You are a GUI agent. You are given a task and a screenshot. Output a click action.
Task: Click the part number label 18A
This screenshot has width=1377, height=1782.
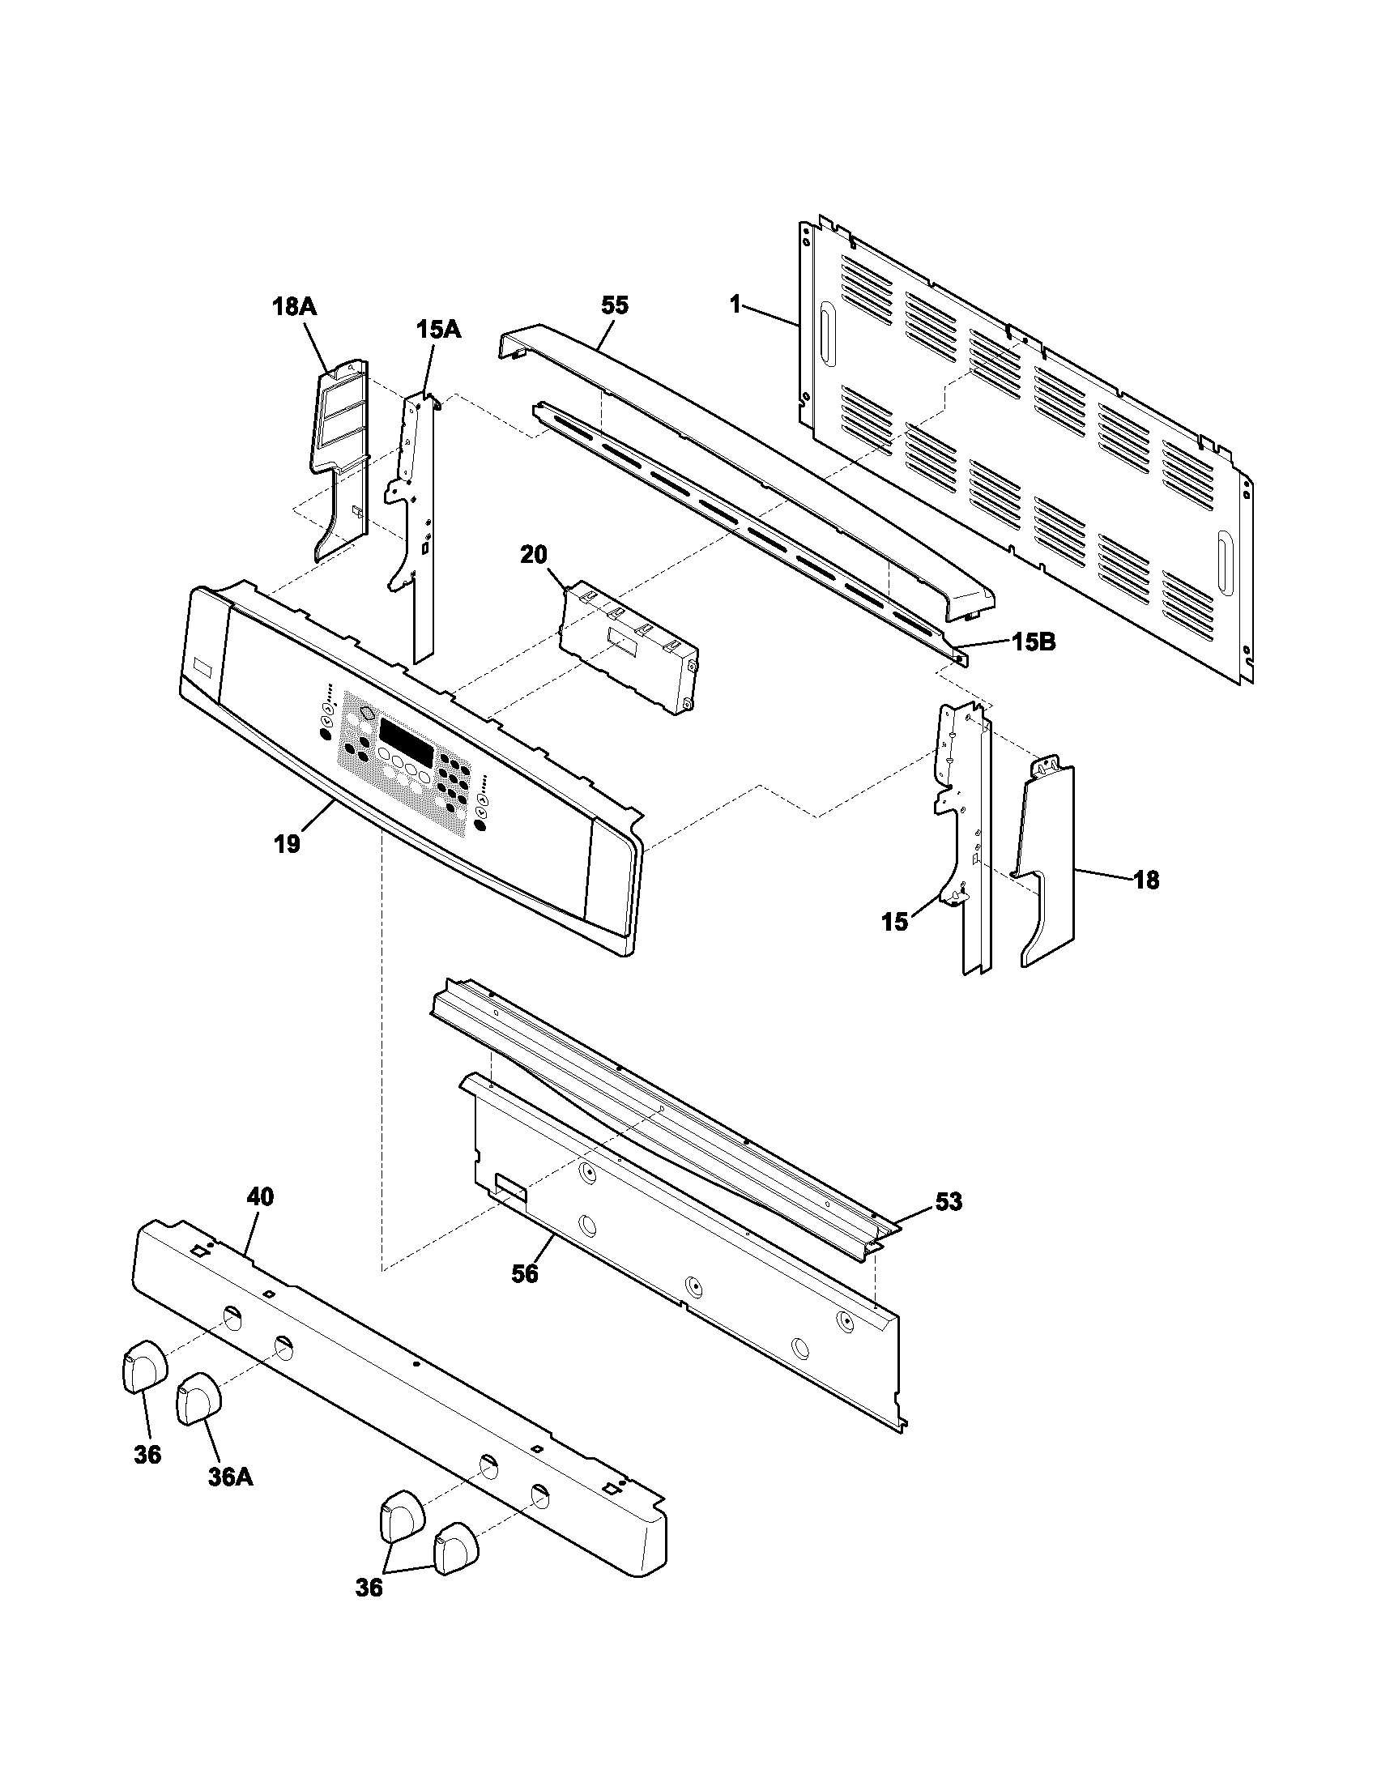click(x=294, y=307)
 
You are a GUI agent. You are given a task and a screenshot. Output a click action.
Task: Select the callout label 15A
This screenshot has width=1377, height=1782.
click(x=439, y=330)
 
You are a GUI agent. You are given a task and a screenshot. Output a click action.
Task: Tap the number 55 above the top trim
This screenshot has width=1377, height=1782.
click(x=615, y=305)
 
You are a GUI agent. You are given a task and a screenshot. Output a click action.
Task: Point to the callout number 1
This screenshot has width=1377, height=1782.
click(x=735, y=305)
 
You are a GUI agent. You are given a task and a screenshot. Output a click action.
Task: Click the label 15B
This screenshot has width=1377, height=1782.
click(x=1034, y=643)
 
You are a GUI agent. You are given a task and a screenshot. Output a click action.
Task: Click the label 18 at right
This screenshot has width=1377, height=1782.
click(x=1146, y=880)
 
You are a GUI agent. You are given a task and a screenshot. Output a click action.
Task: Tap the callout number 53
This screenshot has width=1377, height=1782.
click(x=949, y=1202)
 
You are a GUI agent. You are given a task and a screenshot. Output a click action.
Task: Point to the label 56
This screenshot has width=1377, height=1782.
click(x=525, y=1273)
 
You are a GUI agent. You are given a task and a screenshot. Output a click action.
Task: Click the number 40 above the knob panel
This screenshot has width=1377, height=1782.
click(x=260, y=1197)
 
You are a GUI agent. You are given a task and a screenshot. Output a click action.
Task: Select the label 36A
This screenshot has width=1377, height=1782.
click(x=230, y=1477)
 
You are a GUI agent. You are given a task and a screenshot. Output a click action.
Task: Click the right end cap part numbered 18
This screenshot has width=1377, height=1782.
click(x=1048, y=865)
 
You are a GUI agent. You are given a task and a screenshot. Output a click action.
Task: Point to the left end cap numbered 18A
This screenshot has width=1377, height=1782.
click(x=336, y=457)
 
